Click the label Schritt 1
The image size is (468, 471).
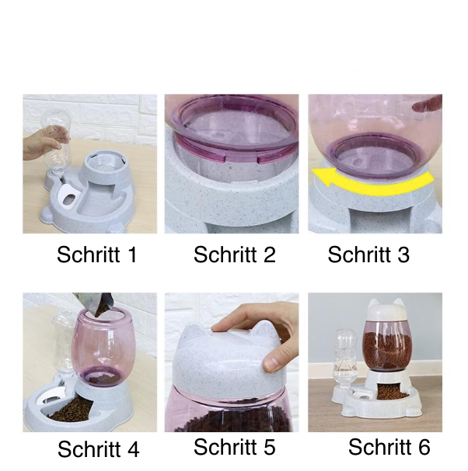click(97, 255)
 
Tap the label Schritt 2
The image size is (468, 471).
click(235, 255)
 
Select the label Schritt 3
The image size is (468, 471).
click(368, 255)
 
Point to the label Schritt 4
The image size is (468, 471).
click(99, 449)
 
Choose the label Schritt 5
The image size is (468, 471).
click(235, 447)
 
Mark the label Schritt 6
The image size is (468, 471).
click(389, 447)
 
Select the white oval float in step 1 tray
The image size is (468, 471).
click(68, 196)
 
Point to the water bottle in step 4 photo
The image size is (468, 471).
click(63, 345)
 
